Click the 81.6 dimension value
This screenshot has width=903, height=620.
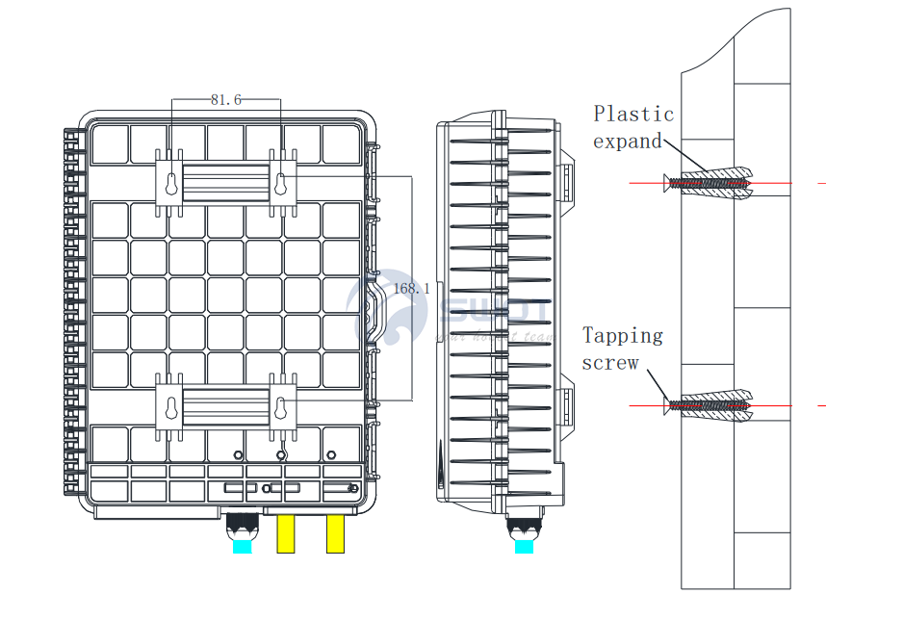[x=225, y=100]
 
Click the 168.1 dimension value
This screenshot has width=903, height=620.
[x=411, y=288]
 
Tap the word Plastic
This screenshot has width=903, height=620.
[x=633, y=115]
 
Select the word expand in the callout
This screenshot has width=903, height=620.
[x=627, y=142]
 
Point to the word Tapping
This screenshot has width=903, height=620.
[x=623, y=336]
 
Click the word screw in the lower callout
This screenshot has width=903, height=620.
[x=609, y=363]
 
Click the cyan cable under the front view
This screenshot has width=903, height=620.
[x=242, y=546]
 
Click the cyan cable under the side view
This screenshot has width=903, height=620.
[x=524, y=546]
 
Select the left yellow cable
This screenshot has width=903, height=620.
[x=287, y=533]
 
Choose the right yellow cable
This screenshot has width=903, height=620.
[x=335, y=533]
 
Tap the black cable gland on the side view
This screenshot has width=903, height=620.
[x=524, y=527]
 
